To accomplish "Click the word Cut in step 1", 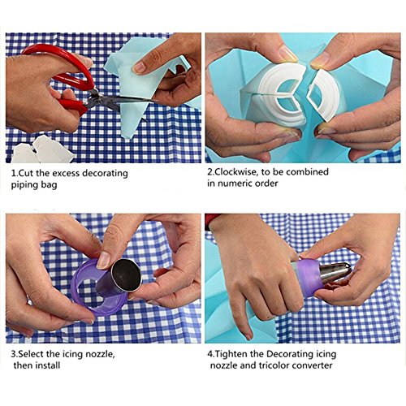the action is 25,173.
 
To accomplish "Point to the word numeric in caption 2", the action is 234,184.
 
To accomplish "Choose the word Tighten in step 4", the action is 231,354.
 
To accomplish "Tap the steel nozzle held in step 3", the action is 119,278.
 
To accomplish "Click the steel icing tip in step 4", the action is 335,272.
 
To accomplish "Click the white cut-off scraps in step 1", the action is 42,149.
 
